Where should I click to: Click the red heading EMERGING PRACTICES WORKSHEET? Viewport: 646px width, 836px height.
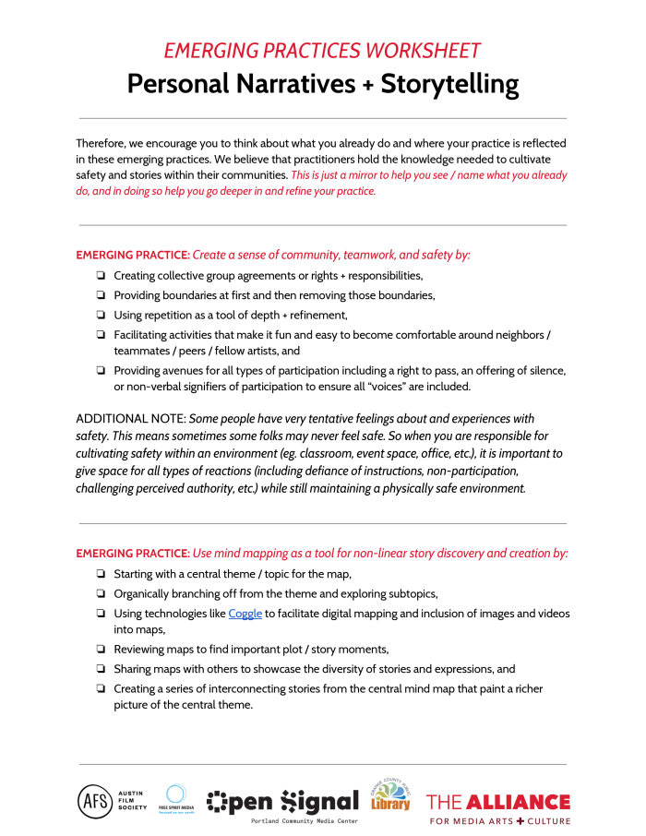pos(322,51)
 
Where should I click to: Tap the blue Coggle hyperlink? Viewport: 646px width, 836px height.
pos(245,614)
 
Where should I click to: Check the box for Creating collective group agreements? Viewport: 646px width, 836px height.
pos(99,276)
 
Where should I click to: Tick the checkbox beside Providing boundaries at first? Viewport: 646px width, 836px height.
pos(99,295)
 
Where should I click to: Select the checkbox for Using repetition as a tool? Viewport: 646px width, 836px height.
pos(99,316)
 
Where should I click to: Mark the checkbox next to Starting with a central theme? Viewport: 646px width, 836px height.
pos(99,575)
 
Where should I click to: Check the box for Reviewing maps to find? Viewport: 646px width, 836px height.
pos(99,650)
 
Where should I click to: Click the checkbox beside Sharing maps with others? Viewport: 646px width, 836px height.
pos(99,669)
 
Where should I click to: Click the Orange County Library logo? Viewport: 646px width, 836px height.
pos(390,794)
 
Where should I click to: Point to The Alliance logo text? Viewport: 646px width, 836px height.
pos(497,801)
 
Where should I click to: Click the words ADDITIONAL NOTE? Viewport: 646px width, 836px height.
pos(130,419)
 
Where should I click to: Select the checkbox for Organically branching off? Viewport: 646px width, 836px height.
pos(99,594)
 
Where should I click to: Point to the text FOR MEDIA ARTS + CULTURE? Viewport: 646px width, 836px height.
pos(498,820)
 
